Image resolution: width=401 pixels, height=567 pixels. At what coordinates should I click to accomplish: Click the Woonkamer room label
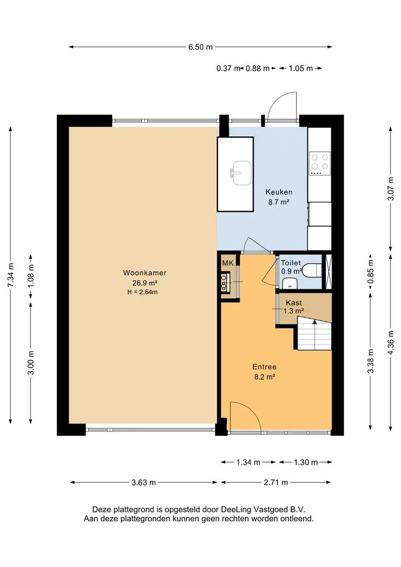[x=145, y=272]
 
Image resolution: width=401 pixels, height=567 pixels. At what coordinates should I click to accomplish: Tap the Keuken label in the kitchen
[x=279, y=192]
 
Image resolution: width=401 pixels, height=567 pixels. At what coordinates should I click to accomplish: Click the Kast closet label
[x=293, y=303]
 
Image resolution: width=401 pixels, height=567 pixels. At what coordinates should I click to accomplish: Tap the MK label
[x=228, y=263]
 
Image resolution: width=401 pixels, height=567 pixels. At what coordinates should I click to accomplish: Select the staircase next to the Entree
[x=314, y=333]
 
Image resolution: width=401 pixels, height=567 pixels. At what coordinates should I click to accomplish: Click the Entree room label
[x=265, y=366]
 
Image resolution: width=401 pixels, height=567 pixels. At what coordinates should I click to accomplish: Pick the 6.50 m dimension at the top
[x=201, y=47]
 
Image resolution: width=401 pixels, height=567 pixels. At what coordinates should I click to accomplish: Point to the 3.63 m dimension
[x=143, y=482]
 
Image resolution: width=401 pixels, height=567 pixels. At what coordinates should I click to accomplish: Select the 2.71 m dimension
[x=276, y=482]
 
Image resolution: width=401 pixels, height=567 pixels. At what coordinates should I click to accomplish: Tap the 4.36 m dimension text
[x=391, y=342]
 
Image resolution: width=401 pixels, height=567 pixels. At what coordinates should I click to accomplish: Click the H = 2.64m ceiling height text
[x=142, y=292]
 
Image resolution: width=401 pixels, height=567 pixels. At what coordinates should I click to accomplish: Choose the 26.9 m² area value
[x=145, y=283]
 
